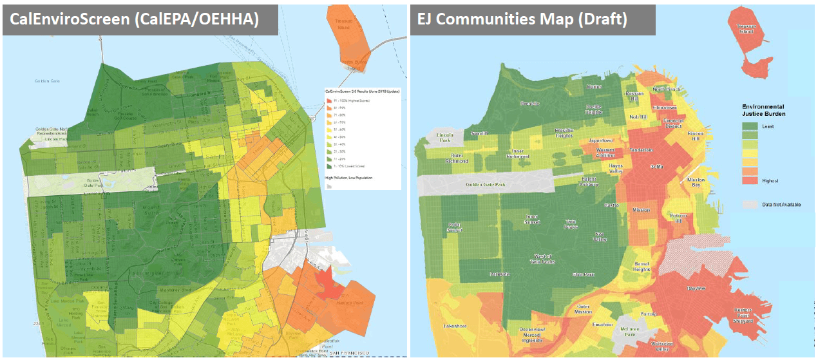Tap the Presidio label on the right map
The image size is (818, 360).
click(529, 103)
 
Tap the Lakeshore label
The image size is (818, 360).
click(455, 326)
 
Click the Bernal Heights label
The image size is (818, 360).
click(642, 267)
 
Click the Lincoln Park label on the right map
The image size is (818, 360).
click(445, 138)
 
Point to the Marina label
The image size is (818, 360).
click(594, 86)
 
